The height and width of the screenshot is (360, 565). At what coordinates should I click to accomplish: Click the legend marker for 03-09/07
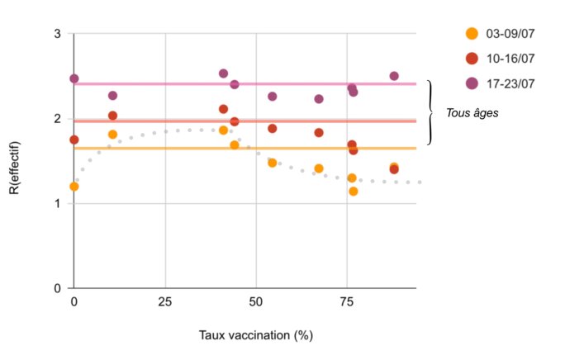click(x=472, y=34)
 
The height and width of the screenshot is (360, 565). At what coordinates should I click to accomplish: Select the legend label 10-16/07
click(x=507, y=58)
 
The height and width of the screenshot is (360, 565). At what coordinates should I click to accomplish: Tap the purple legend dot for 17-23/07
click(x=472, y=82)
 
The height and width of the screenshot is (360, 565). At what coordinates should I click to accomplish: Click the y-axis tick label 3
click(x=56, y=34)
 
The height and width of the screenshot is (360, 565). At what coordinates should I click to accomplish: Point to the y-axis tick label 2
click(x=56, y=119)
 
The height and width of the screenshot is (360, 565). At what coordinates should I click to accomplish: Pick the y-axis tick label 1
click(x=56, y=204)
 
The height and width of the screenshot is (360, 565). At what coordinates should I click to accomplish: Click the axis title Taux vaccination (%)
click(x=256, y=335)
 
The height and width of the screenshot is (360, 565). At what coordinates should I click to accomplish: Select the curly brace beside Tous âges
click(x=430, y=113)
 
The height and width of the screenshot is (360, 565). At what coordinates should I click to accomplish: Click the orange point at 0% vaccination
click(x=74, y=187)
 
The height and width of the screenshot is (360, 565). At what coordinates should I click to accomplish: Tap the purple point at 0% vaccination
click(x=74, y=78)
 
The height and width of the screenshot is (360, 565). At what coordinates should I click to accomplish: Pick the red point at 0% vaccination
click(x=74, y=140)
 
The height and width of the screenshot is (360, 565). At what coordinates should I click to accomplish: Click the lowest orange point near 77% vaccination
click(x=354, y=192)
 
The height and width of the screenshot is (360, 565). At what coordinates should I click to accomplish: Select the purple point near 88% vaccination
click(x=394, y=76)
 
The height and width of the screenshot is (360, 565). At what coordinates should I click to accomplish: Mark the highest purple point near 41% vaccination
click(x=223, y=73)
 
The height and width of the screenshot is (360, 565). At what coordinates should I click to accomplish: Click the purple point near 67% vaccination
click(x=319, y=99)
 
